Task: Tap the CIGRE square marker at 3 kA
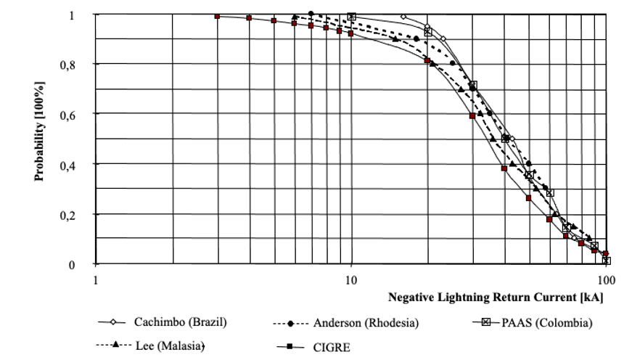click(217, 16)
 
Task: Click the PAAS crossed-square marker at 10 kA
click(352, 16)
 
